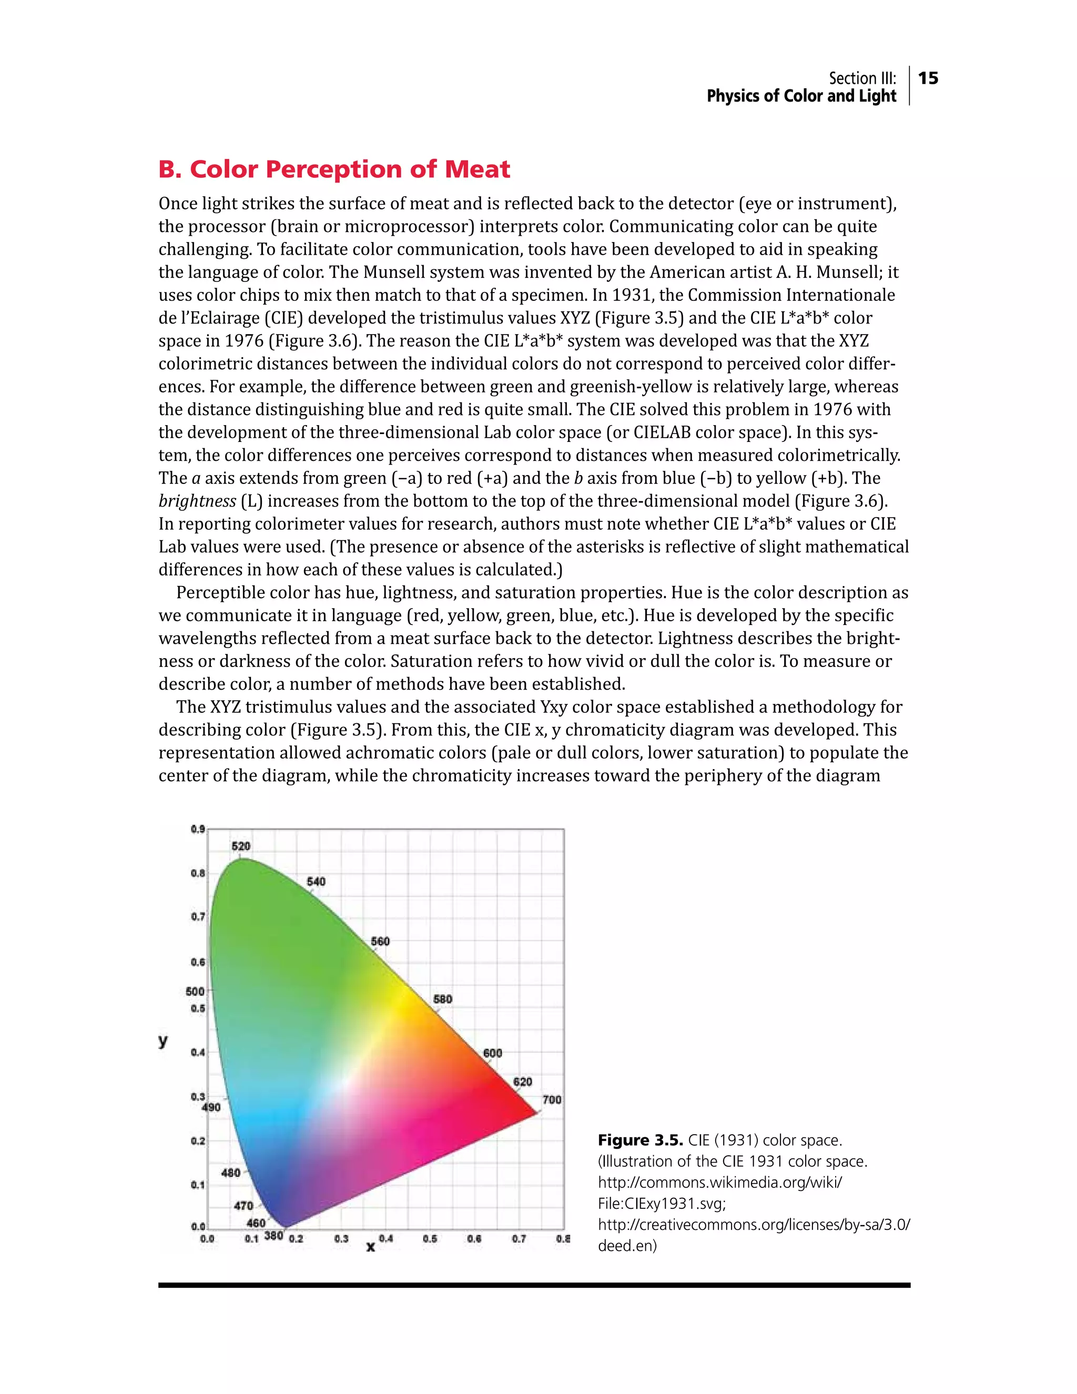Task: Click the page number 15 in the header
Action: pyautogui.click(x=928, y=78)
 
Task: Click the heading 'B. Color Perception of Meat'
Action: pyautogui.click(x=334, y=169)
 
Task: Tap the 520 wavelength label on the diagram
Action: pyautogui.click(x=240, y=846)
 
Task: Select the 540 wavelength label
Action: pyautogui.click(x=316, y=882)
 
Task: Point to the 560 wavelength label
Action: pyautogui.click(x=380, y=941)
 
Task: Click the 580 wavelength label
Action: pyautogui.click(x=442, y=999)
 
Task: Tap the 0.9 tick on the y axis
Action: pyautogui.click(x=197, y=829)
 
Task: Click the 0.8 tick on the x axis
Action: pyautogui.click(x=562, y=1238)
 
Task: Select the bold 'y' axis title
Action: pyautogui.click(x=164, y=1041)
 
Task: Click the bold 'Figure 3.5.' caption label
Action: pyautogui.click(x=640, y=1140)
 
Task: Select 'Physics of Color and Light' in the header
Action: pyautogui.click(x=801, y=96)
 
